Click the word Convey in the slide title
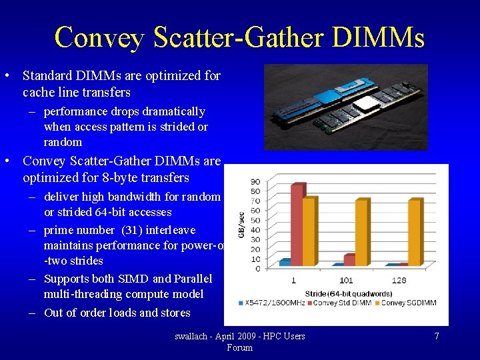point(99,37)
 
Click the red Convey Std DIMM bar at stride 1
point(297,223)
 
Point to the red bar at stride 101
point(349,259)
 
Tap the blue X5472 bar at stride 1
point(285,262)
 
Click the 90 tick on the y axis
point(255,182)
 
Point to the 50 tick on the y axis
point(255,220)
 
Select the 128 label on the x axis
point(399,280)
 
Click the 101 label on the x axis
point(345,280)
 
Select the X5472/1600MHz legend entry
point(266,303)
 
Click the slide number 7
point(437,336)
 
